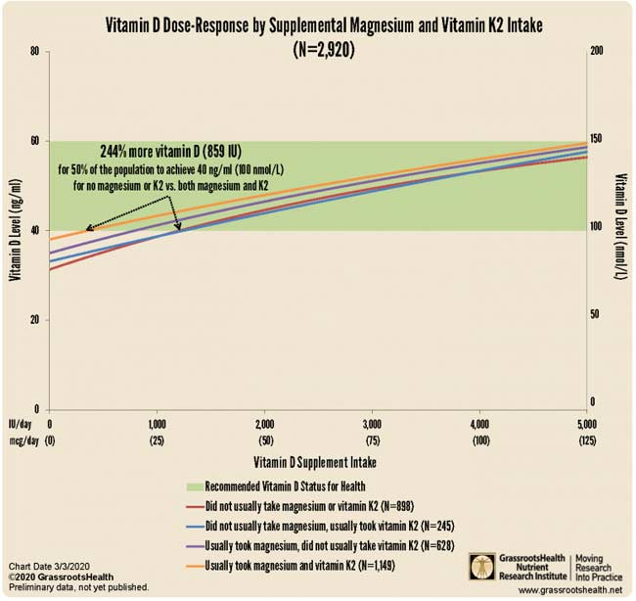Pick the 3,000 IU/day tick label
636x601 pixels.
tap(372, 424)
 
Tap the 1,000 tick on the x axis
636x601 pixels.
tap(157, 424)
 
